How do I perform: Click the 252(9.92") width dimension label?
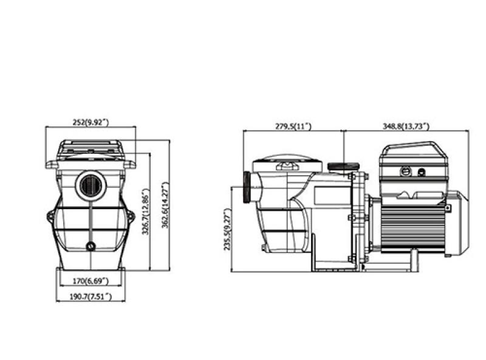91,123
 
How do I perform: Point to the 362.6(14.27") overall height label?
163,206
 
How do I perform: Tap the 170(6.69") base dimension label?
91,282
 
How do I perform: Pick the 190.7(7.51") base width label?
91,296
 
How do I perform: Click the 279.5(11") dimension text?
293,126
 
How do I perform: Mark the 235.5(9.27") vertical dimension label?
227,230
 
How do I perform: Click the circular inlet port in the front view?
90,184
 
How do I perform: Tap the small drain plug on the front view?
91,247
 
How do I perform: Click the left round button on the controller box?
405,171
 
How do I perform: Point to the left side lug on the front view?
50,216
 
